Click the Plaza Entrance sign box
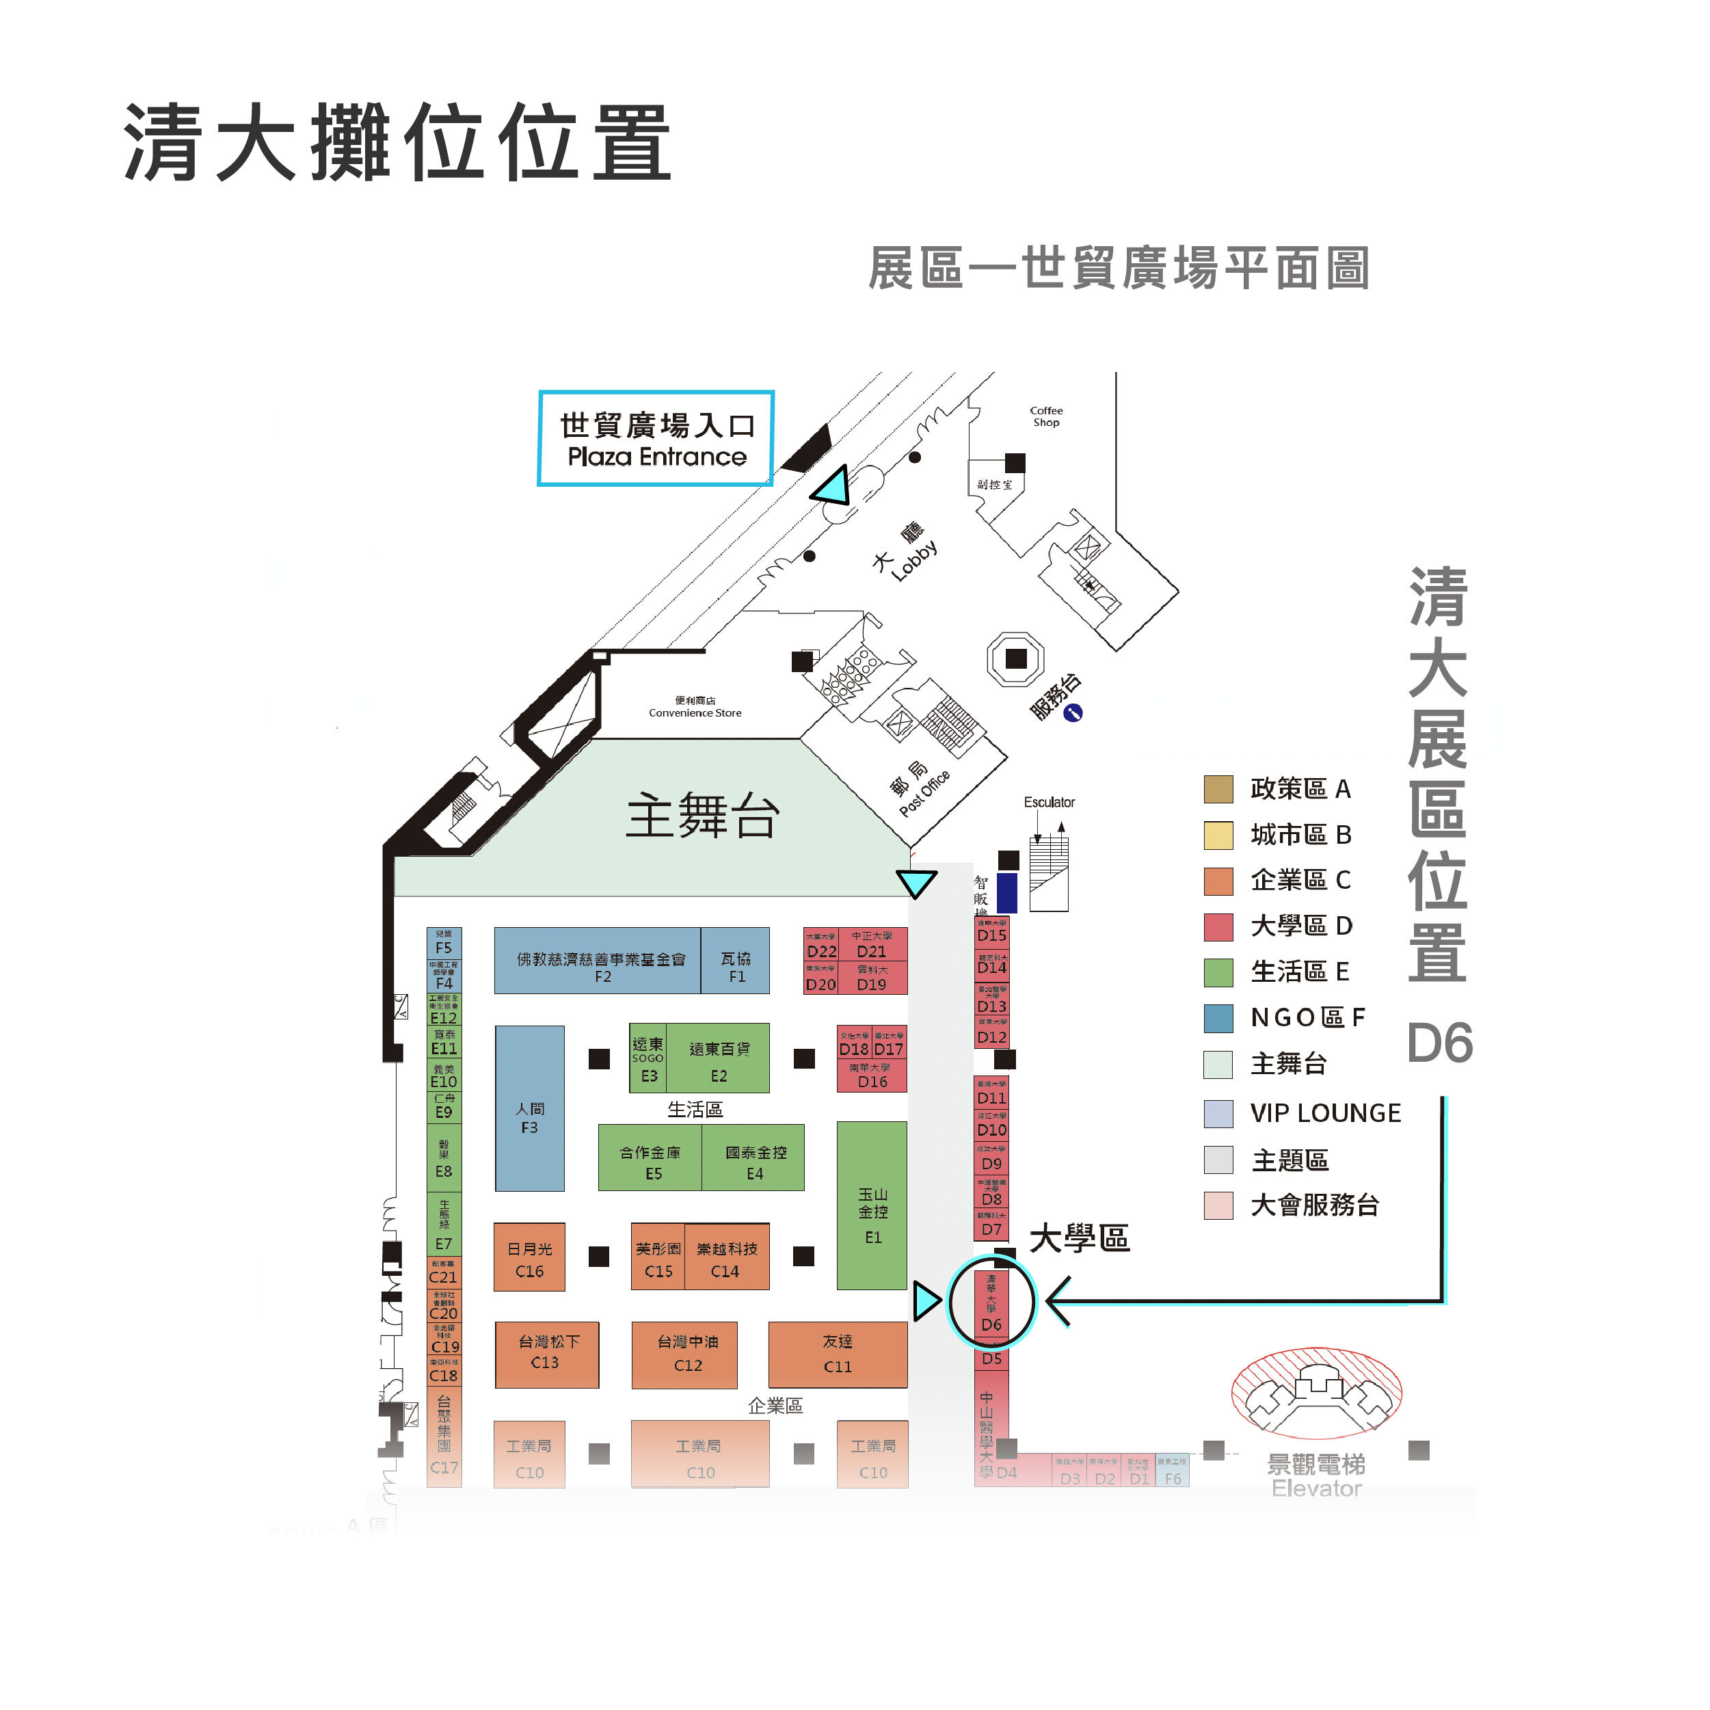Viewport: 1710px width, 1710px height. click(x=656, y=439)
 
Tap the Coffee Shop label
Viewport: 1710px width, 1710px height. click(x=1046, y=416)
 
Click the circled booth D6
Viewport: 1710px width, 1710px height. click(x=991, y=1303)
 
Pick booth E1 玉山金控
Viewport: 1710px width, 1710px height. click(x=872, y=1206)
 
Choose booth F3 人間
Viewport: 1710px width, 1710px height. click(x=529, y=1109)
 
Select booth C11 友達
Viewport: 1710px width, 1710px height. click(x=838, y=1355)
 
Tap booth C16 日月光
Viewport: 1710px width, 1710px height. click(x=529, y=1258)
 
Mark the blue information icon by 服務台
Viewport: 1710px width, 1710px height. click(x=1073, y=712)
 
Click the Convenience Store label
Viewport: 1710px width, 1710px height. click(x=695, y=707)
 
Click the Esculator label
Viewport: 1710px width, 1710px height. click(x=1049, y=802)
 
